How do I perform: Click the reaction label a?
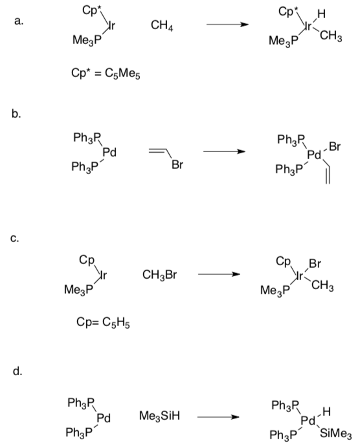(19, 21)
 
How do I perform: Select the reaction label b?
(16, 114)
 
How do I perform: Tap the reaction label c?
(14, 238)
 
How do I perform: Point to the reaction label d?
(17, 371)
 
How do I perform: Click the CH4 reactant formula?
(162, 26)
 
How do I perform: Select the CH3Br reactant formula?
(159, 275)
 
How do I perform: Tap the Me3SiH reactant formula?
(159, 416)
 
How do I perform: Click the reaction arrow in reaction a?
(227, 25)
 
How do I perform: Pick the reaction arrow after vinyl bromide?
(224, 151)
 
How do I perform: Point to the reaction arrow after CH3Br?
(219, 274)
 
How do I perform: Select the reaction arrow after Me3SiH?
(218, 417)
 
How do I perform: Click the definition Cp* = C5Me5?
(106, 74)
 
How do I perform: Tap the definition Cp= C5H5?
(103, 322)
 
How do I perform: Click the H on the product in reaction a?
(321, 14)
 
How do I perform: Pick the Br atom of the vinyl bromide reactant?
(177, 164)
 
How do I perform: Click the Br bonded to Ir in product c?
(315, 263)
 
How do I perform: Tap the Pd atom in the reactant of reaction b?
(109, 153)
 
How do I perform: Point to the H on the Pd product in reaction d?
(326, 411)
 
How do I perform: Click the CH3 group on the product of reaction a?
(331, 36)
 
